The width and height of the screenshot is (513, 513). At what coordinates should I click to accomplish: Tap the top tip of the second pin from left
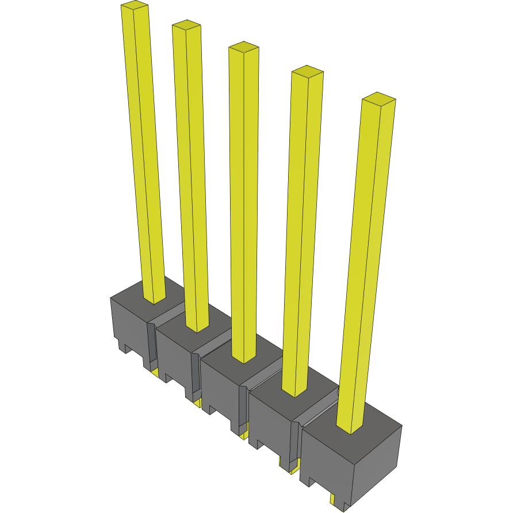click(186, 25)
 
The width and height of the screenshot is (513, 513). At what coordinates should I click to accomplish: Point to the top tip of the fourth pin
click(307, 71)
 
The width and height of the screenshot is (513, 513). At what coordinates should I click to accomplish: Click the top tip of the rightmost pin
click(378, 98)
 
